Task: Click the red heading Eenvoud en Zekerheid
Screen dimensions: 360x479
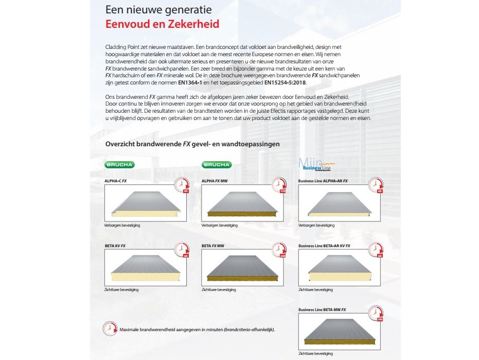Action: [x=162, y=24]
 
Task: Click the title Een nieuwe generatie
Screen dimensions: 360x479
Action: [x=158, y=10]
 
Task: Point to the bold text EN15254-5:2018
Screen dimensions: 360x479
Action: [x=286, y=82]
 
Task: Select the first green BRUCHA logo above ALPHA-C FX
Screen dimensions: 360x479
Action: [x=120, y=164]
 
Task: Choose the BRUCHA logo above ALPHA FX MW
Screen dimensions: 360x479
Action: [x=217, y=164]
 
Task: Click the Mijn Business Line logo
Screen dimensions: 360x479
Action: [x=316, y=164]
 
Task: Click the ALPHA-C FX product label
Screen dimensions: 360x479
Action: [x=116, y=181]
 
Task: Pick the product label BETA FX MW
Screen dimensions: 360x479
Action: [x=214, y=246]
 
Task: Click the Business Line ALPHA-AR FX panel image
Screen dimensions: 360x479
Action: [x=340, y=203]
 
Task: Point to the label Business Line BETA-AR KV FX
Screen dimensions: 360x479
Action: [x=324, y=246]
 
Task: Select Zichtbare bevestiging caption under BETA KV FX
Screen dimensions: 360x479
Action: [x=121, y=290]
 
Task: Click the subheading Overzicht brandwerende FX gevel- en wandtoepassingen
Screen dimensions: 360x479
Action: [x=192, y=144]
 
